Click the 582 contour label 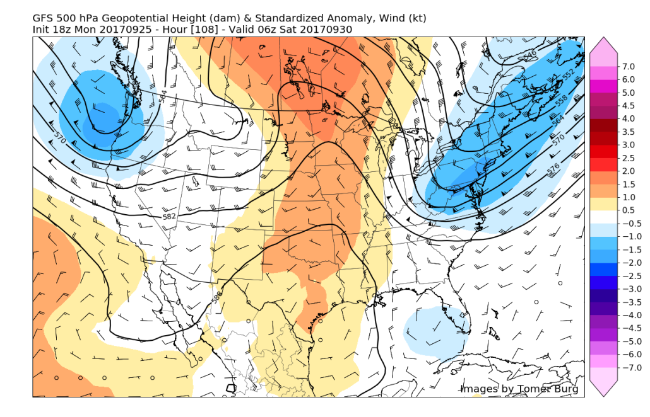coord(169,216)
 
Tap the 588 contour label coord(218,298)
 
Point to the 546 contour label coord(530,55)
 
